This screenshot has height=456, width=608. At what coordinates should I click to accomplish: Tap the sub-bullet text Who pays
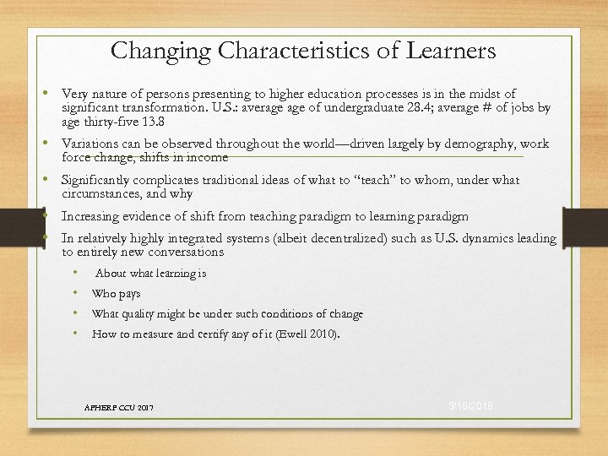tap(116, 294)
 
